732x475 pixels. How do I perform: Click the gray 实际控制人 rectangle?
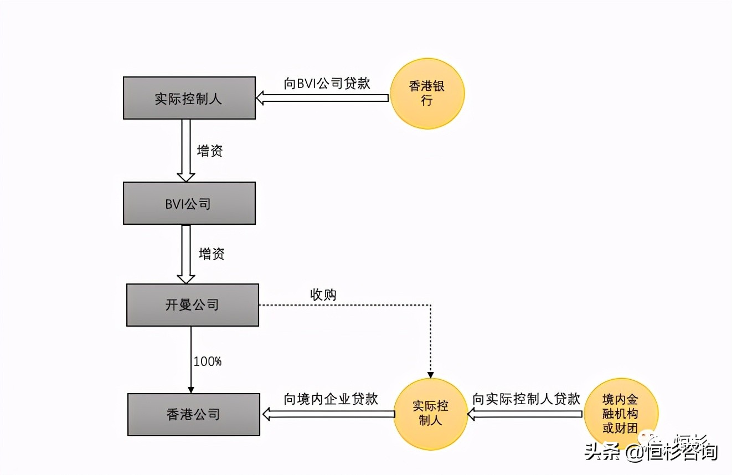189,98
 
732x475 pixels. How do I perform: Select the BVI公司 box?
189,203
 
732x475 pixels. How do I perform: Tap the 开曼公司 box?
192,304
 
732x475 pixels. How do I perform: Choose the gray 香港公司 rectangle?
193,414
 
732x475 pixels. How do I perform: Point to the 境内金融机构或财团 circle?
621,414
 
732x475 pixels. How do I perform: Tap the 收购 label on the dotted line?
323,295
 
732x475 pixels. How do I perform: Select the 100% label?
207,362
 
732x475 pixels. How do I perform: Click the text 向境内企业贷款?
331,399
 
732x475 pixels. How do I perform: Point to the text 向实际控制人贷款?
526,399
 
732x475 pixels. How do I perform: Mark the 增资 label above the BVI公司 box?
210,151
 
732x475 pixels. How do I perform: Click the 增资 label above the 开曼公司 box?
212,254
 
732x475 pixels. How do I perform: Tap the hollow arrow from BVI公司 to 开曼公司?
185,254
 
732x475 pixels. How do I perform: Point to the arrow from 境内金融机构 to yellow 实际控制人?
525,414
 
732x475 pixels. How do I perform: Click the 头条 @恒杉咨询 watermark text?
651,452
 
